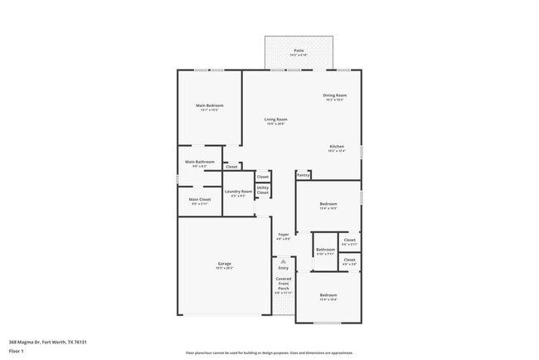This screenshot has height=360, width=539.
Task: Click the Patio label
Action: [x=299, y=51]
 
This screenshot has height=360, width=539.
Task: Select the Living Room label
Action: [x=275, y=120]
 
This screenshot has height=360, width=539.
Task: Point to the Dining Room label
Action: [x=335, y=95]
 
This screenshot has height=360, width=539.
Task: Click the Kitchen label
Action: [x=336, y=147]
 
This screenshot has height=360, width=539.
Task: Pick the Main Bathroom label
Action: [x=200, y=162]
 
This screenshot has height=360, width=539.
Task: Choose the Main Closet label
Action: [x=200, y=199]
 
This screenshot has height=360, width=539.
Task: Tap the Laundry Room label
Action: [x=238, y=192]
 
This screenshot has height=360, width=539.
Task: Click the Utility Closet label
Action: [x=262, y=190]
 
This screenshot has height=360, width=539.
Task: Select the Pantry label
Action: [x=303, y=175]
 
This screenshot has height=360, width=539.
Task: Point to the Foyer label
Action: [x=283, y=236]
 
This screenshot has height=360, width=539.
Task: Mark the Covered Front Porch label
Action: [x=284, y=285]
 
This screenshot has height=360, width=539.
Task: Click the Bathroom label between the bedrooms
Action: [x=325, y=250]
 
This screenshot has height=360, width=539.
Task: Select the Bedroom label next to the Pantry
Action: [x=328, y=204]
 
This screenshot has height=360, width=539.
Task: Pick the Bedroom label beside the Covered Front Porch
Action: [x=328, y=295]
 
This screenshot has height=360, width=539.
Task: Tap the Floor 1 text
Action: [x=17, y=350]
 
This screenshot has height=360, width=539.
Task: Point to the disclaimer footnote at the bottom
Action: [x=269, y=352]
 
